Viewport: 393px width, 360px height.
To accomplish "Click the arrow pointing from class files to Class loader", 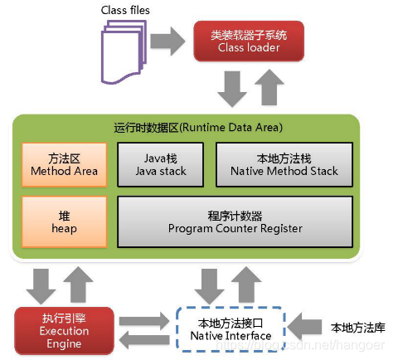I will [171, 40].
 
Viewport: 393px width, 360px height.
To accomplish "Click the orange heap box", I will [64, 220].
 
